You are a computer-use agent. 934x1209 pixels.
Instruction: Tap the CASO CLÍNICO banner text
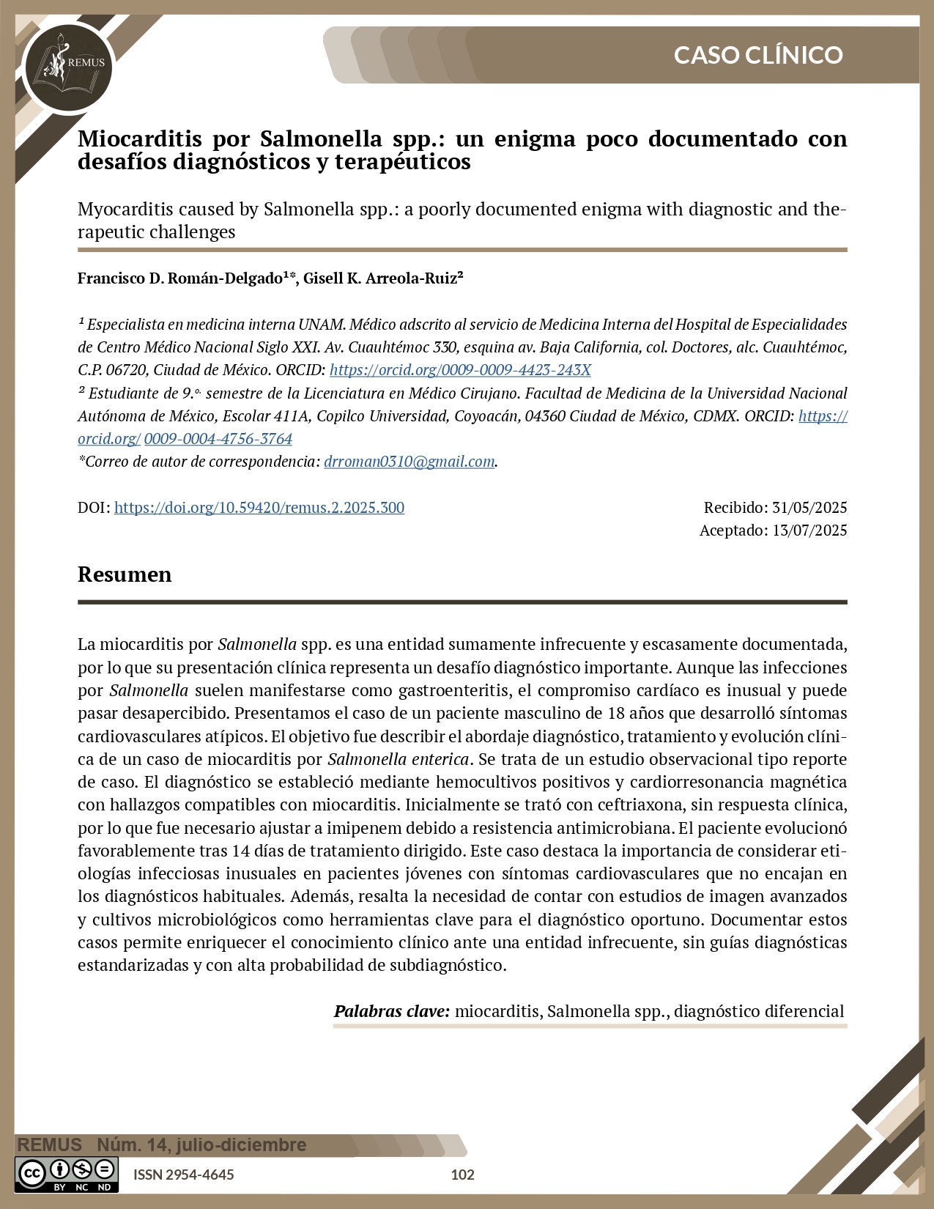(757, 55)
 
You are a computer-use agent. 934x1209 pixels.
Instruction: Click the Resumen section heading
(125, 574)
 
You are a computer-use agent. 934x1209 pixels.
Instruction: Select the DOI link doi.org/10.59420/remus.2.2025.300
(259, 507)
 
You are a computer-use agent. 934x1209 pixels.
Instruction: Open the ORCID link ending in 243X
(460, 370)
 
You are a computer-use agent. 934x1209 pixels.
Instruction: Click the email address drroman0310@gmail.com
(409, 462)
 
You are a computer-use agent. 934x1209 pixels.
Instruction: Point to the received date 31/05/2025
(809, 507)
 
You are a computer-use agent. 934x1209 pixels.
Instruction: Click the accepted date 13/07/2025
(809, 530)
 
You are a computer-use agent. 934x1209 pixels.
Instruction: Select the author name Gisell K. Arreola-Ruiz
(382, 278)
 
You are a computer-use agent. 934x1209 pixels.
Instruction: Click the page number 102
(462, 1175)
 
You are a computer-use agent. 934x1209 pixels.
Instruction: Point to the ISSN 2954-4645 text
(183, 1175)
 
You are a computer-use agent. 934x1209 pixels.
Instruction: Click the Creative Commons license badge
(67, 1174)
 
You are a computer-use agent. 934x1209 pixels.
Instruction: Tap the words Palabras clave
(391, 1011)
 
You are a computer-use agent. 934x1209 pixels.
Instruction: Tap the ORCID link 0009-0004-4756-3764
(218, 439)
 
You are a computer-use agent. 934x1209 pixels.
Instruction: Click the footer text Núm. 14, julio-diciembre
(201, 1145)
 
